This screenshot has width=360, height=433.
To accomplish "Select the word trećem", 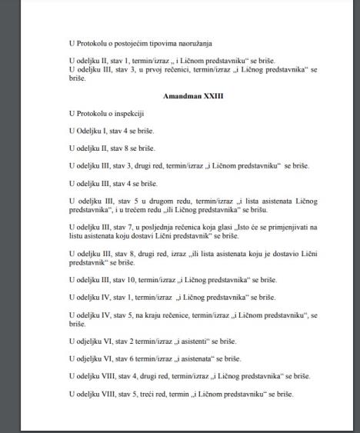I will click(x=162, y=208).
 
